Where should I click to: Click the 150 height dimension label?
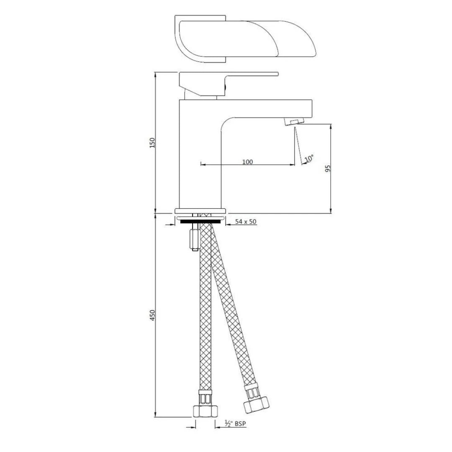click(153, 142)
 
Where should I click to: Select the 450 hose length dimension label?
click(153, 315)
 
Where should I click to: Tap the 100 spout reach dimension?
click(248, 162)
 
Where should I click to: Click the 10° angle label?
click(309, 159)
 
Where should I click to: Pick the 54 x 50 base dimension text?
click(246, 222)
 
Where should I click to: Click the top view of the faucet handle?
click(245, 39)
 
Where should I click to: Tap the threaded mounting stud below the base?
click(195, 239)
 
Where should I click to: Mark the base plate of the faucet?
click(200, 211)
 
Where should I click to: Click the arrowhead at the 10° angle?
click(303, 163)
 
